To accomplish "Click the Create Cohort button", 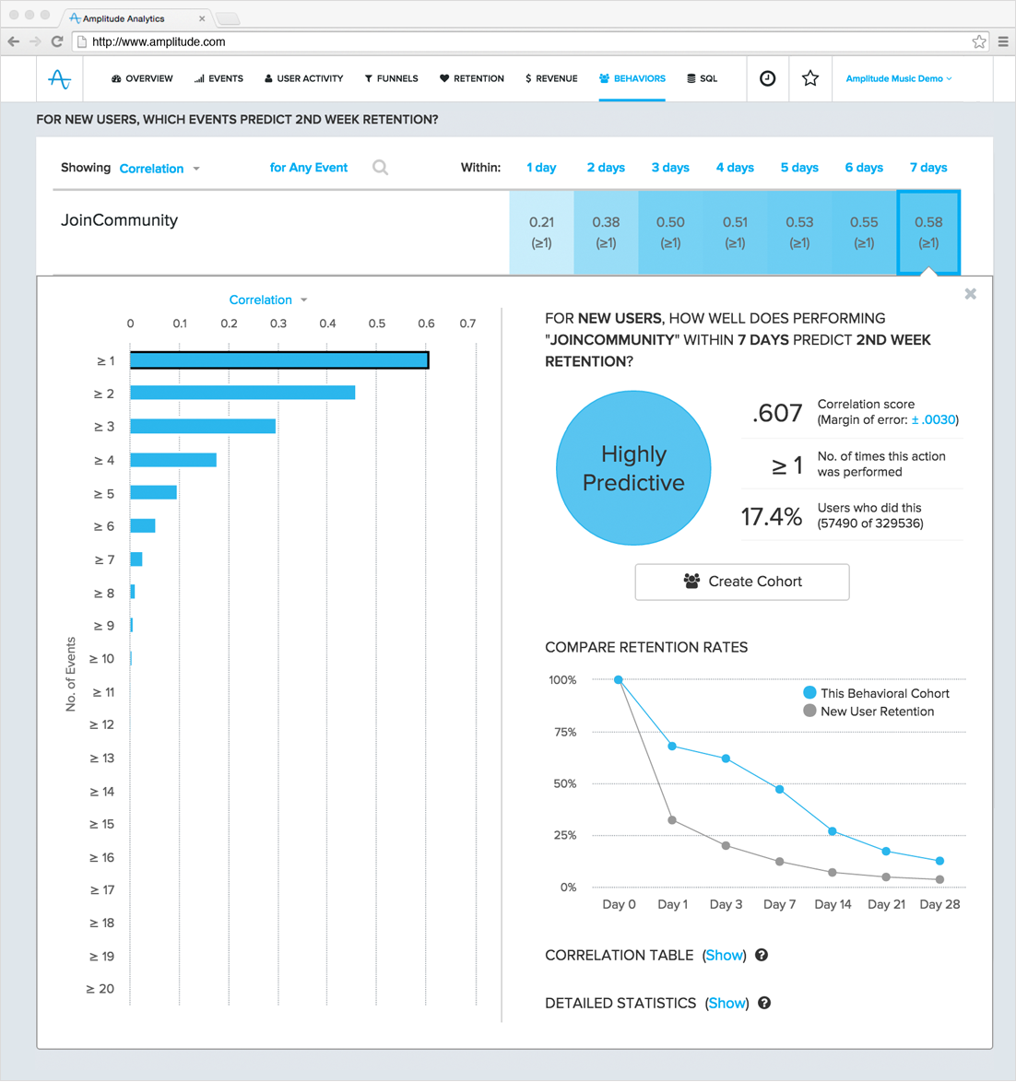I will pyautogui.click(x=741, y=582).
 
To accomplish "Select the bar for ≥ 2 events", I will pyautogui.click(x=242, y=394).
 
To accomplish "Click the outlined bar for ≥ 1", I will pyautogui.click(x=278, y=360).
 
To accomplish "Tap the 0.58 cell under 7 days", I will pyautogui.click(x=927, y=232).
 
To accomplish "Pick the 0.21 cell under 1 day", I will pyautogui.click(x=541, y=232).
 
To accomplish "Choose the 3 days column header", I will pyautogui.click(x=670, y=168).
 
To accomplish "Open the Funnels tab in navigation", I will pyautogui.click(x=391, y=79).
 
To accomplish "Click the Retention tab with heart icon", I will pyautogui.click(x=471, y=79).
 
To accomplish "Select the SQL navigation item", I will pyautogui.click(x=702, y=79).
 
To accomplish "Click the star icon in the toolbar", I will pyautogui.click(x=810, y=79).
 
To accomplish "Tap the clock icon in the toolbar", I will pyautogui.click(x=767, y=79).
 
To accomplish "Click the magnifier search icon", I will pyautogui.click(x=380, y=168).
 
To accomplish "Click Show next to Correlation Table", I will pyautogui.click(x=724, y=956).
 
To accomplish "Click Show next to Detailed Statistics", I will pyautogui.click(x=727, y=1004).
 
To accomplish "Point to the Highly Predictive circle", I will pyautogui.click(x=633, y=468).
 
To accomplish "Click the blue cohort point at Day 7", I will pyautogui.click(x=780, y=790).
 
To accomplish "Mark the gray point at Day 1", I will pyautogui.click(x=672, y=820).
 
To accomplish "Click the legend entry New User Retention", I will pyautogui.click(x=876, y=712).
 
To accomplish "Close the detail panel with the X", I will pyautogui.click(x=970, y=294).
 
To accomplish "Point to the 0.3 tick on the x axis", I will pyautogui.click(x=278, y=323).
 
